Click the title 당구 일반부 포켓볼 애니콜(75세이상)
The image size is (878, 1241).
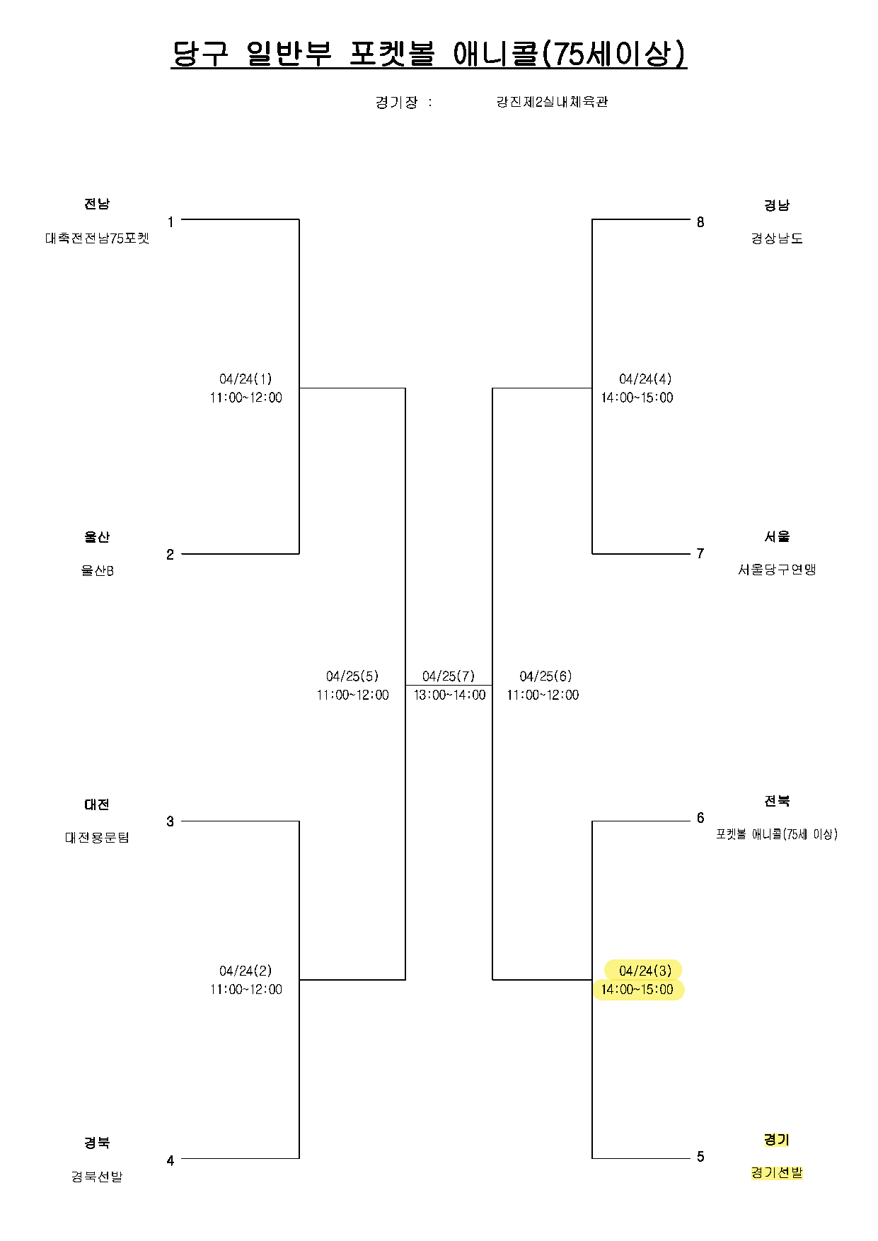tap(429, 54)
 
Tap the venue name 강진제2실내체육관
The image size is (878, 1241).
tap(553, 102)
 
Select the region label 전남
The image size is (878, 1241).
tap(97, 204)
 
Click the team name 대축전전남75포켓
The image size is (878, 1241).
tap(98, 238)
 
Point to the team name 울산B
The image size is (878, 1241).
tap(98, 570)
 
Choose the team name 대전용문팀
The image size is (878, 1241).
tap(98, 838)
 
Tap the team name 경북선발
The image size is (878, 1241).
tap(97, 1177)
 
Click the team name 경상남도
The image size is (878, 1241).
tap(777, 238)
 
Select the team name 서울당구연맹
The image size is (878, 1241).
tap(777, 570)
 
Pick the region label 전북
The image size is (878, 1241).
tap(777, 801)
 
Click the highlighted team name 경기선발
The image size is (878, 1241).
tap(777, 1173)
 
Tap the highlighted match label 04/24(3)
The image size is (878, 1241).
tap(645, 971)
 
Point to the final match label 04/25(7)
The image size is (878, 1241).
tap(449, 676)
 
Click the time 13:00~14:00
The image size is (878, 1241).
tap(450, 695)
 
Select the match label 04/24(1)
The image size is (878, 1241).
tap(246, 379)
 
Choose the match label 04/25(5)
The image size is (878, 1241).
tap(352, 676)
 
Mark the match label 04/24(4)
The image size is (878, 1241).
tap(645, 379)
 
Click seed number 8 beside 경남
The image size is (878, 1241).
tap(700, 222)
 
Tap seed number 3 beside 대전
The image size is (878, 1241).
tap(170, 821)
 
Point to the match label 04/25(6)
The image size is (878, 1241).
tap(545, 676)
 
